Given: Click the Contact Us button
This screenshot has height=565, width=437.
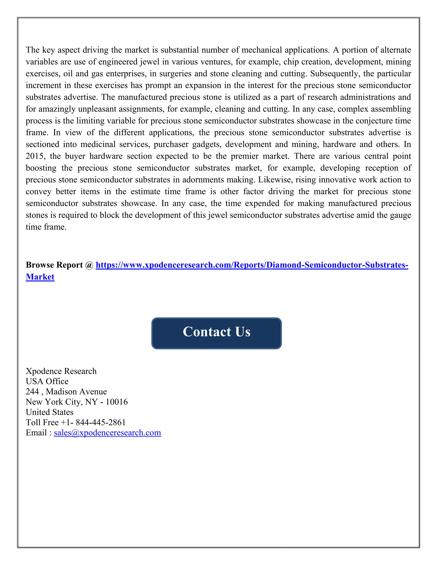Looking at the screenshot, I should point(216,333).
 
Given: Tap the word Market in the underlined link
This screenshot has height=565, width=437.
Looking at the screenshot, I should point(40,277).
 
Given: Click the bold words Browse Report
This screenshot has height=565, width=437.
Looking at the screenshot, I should point(54,265).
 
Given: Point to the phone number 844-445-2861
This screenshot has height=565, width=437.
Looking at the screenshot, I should point(101,422).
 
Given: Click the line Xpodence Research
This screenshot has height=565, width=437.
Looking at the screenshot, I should point(61,371).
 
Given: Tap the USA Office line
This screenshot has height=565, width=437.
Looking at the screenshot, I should point(47,381).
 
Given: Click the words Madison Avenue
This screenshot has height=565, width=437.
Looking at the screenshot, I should point(76,392).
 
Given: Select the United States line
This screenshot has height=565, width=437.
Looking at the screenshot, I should point(50,412).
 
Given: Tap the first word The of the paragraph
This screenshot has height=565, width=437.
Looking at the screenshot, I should point(33,50).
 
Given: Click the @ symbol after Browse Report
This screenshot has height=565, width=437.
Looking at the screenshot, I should point(89,265).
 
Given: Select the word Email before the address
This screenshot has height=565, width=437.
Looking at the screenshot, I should point(36,433).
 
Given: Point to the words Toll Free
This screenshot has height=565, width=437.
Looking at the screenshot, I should point(42,422).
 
